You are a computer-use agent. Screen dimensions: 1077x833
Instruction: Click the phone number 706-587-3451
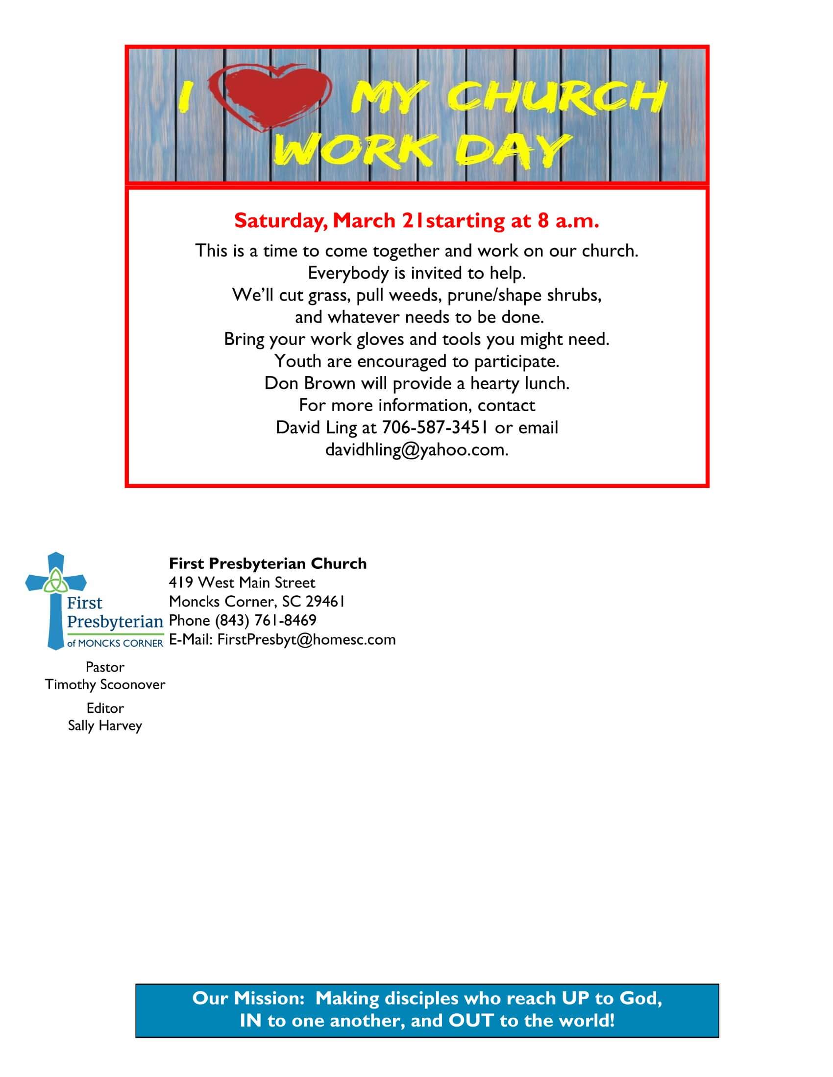pyautogui.click(x=435, y=427)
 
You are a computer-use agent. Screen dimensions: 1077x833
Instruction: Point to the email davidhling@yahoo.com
pyautogui.click(x=416, y=450)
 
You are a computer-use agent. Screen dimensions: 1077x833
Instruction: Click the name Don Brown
pyautogui.click(x=309, y=383)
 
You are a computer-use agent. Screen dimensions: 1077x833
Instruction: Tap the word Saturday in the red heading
pyautogui.click(x=280, y=221)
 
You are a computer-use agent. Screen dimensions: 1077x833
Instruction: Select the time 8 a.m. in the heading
pyautogui.click(x=567, y=221)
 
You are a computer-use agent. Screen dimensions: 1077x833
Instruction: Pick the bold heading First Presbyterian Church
pyautogui.click(x=268, y=563)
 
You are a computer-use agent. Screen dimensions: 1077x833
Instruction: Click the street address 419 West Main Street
pyautogui.click(x=242, y=583)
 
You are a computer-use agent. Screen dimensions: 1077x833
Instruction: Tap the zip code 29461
pyautogui.click(x=325, y=602)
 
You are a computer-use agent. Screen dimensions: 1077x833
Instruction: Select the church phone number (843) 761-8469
pyautogui.click(x=266, y=620)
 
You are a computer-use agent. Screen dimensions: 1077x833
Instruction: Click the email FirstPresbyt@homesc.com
pyautogui.click(x=306, y=640)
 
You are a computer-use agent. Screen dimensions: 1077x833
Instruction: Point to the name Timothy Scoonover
pyautogui.click(x=105, y=684)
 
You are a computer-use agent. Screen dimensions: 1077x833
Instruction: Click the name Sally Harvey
pyautogui.click(x=105, y=726)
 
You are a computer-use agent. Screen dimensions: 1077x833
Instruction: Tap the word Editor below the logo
pyautogui.click(x=105, y=708)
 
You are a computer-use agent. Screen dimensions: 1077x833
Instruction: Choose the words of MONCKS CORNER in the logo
pyautogui.click(x=115, y=643)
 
